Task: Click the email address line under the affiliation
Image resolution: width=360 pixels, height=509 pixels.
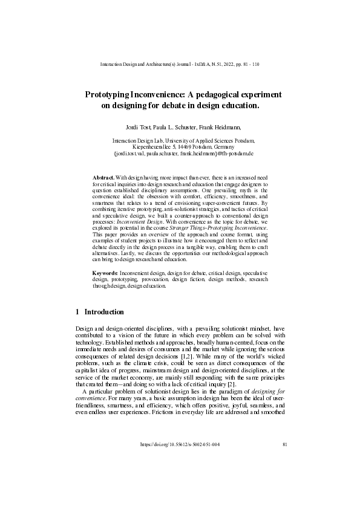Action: pyautogui.click(x=180, y=154)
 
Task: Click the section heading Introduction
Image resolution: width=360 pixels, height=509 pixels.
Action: pyautogui.click(x=103, y=312)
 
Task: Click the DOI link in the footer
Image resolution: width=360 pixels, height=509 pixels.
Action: pyautogui.click(x=180, y=478)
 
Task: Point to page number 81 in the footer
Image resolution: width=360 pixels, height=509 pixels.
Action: pyautogui.click(x=284, y=478)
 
